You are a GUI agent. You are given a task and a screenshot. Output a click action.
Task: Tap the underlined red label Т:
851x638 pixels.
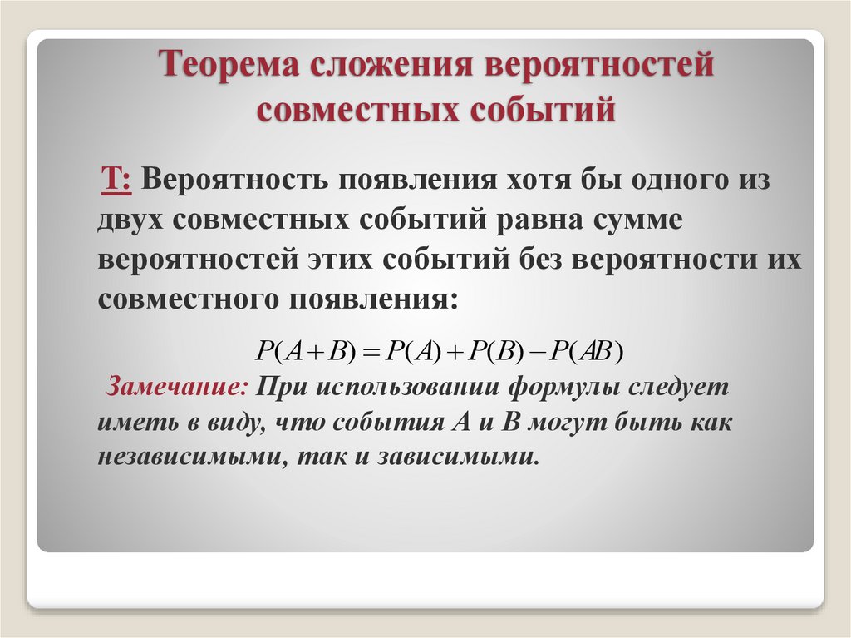116,179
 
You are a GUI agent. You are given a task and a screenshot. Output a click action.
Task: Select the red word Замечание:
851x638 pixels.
175,388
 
